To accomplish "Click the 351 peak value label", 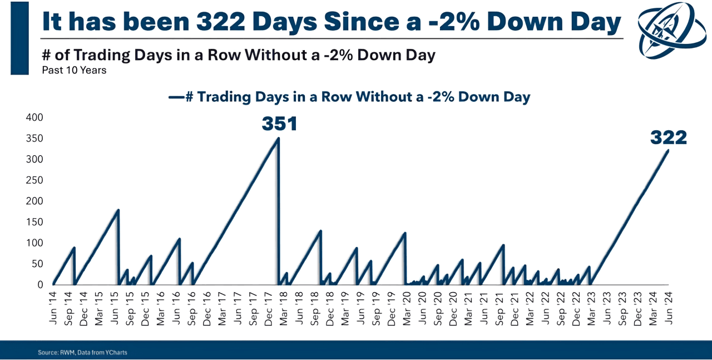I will (279, 124).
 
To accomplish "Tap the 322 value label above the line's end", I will (669, 137).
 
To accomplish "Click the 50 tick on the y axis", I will (36, 264).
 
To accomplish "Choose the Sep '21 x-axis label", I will (500, 305).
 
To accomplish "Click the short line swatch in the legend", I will (176, 97).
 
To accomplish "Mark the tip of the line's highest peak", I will (278, 138).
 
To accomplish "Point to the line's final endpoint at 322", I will (668, 150).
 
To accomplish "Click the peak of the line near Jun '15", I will (118, 210).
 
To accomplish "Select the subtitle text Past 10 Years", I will (74, 71).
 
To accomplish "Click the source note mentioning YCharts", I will (82, 352).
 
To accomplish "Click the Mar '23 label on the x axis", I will (592, 305).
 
